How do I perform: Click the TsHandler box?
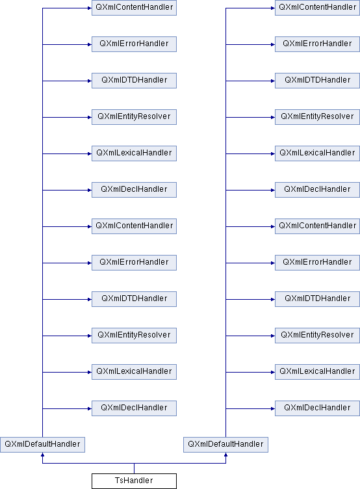tap(134, 481)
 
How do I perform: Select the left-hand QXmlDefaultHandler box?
tap(42, 444)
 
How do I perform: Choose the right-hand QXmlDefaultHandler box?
tap(225, 444)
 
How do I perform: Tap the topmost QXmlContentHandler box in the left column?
tap(134, 8)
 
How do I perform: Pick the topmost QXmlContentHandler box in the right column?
tap(317, 8)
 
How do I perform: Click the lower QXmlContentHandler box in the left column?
tap(134, 226)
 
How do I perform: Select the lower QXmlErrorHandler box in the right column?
tap(317, 263)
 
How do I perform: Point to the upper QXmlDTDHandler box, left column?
tap(134, 81)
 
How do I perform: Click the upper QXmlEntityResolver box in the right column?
tap(317, 117)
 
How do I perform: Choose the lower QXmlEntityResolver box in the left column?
tap(134, 336)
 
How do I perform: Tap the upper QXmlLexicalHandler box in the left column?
tap(134, 153)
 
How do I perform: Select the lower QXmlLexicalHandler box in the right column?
tap(317, 372)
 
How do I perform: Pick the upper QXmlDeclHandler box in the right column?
tap(317, 190)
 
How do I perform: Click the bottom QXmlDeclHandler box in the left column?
tap(134, 408)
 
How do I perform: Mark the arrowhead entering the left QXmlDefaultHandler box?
tap(42, 455)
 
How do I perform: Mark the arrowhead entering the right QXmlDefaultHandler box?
tap(225, 455)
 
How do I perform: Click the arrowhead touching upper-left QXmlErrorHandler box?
tap(90, 45)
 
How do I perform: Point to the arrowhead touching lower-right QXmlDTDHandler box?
tap(273, 299)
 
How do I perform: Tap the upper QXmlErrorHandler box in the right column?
tap(317, 44)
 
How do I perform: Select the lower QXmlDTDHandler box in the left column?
tap(134, 298)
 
